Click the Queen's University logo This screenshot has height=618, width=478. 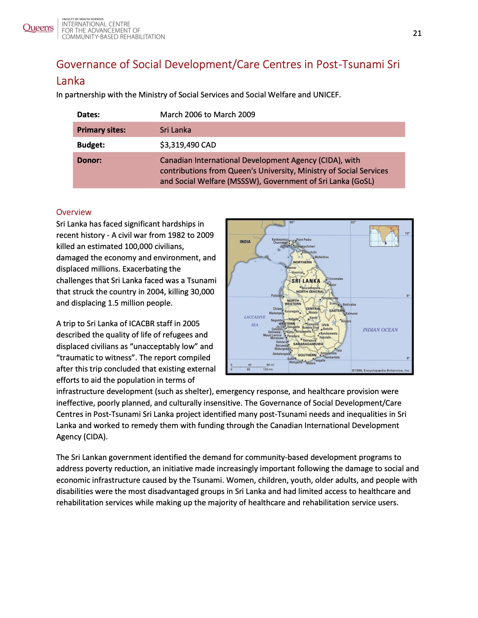tap(38, 28)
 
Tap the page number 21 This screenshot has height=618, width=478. tap(417, 33)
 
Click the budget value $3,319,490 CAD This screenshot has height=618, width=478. tap(188, 145)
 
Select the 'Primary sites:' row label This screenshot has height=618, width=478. tap(101, 130)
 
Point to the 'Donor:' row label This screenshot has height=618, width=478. tap(89, 160)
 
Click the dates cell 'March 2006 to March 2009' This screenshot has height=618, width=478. tap(207, 115)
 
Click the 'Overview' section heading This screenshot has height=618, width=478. tap(74, 212)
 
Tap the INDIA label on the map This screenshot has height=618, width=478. tap(245, 242)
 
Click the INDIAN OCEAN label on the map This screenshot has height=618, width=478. tap(380, 330)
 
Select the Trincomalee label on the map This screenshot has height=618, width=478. tap(335, 279)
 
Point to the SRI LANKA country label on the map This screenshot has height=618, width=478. tap(306, 281)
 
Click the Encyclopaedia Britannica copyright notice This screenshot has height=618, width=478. tap(381, 370)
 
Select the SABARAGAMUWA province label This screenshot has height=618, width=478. tap(308, 344)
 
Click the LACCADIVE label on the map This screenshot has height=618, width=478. tap(255, 317)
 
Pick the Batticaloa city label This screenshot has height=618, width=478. tap(349, 305)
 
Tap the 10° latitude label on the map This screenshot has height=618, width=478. tap(407, 233)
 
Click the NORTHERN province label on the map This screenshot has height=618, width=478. tap(302, 262)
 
